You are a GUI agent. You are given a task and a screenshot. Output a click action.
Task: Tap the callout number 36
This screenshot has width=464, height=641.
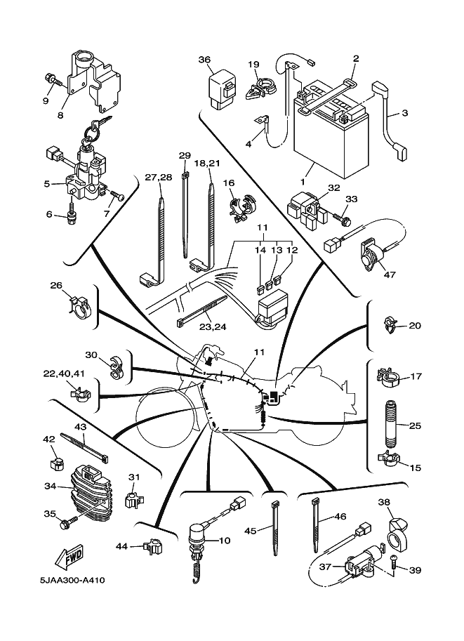(x=204, y=60)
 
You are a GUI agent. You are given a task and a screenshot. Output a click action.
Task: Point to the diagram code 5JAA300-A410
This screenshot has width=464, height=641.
(x=73, y=581)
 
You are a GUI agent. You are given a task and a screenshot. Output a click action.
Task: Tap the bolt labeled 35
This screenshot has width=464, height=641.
(x=69, y=523)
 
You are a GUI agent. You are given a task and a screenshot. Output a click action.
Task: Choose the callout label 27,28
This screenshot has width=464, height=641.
(x=159, y=177)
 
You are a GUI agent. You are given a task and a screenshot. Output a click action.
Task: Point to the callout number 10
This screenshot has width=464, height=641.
(x=224, y=541)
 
